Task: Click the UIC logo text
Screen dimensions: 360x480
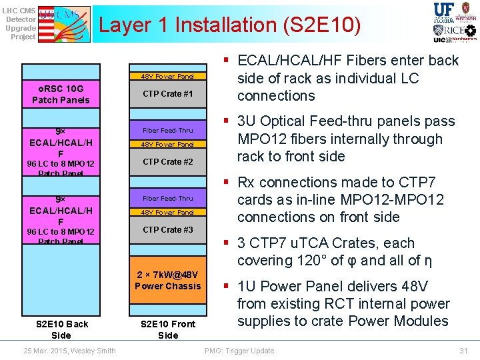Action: pyautogui.click(x=439, y=40)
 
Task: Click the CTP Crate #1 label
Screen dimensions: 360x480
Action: pyautogui.click(x=167, y=94)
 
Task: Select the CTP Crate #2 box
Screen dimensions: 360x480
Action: pyautogui.click(x=167, y=162)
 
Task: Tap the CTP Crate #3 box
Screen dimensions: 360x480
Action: pyautogui.click(x=167, y=230)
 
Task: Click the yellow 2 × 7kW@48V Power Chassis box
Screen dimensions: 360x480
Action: pyautogui.click(x=167, y=281)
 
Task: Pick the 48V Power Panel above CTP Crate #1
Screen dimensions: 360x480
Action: pyautogui.click(x=167, y=77)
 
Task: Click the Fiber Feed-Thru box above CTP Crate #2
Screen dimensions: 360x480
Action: pyautogui.click(x=167, y=131)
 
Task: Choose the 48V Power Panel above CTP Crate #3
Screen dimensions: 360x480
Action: pyautogui.click(x=167, y=212)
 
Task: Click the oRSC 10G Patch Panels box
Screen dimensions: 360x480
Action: pyautogui.click(x=61, y=94)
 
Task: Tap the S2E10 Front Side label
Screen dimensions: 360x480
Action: pyautogui.click(x=167, y=329)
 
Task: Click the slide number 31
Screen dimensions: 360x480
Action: pyautogui.click(x=463, y=351)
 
